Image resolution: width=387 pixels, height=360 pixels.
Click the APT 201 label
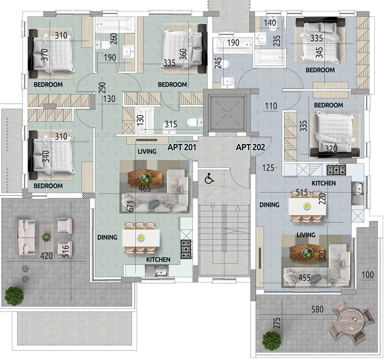coord(182,147)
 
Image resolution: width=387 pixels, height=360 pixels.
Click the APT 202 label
coord(250,147)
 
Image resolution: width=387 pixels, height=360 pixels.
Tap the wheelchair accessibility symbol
coord(209,178)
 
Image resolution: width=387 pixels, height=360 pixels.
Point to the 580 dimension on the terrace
coord(317,309)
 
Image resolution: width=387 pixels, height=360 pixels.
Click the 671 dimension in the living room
coord(131,206)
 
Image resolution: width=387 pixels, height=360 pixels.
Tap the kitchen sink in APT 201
coord(157,271)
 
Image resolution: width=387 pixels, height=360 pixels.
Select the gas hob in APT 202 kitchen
coord(336,170)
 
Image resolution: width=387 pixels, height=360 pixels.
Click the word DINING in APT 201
coord(107,237)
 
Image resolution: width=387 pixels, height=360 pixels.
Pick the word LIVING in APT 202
coord(306,235)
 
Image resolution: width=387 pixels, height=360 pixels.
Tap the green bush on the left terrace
coord(14,296)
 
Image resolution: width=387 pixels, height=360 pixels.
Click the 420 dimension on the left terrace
coord(46,256)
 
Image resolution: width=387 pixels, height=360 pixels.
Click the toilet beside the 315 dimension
coord(195,122)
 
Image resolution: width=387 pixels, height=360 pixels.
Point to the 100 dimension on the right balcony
coord(368,275)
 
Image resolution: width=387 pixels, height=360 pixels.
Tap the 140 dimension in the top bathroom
coord(270,23)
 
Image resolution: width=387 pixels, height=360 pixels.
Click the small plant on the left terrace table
coord(46,238)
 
